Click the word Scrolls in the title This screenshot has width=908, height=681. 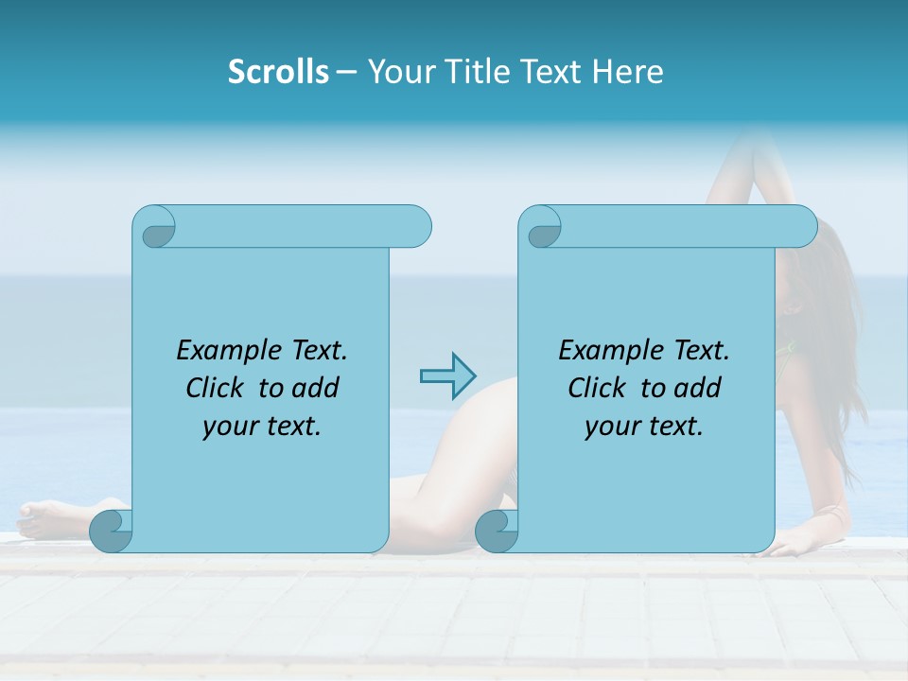coord(278,72)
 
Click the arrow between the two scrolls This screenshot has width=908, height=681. coord(447,376)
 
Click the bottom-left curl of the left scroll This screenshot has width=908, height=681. coord(112,531)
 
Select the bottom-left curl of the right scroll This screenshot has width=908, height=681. coord(496,531)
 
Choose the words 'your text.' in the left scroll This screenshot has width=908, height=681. coord(262,427)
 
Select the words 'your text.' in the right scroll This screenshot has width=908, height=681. coord(644,427)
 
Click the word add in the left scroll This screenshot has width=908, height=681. coord(316,389)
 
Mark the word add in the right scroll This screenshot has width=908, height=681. coord(698,389)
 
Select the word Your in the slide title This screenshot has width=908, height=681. coord(396,72)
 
